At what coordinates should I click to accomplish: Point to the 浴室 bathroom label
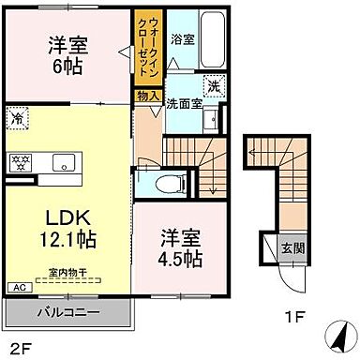coord(182,40)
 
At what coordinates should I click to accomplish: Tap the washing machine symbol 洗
coord(212,83)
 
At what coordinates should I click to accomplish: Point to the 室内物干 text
coord(65,273)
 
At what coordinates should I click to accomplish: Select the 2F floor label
coord(20,346)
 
